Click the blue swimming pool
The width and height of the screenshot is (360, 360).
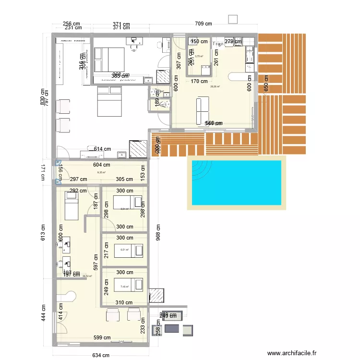[x=236, y=182]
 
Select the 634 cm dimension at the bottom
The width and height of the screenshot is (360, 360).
[x=101, y=355]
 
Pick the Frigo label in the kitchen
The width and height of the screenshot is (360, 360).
[x=217, y=43]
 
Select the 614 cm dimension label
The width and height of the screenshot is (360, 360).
[x=102, y=149]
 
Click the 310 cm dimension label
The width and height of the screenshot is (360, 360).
[x=124, y=302]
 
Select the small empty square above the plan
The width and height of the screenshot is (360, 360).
[x=233, y=19]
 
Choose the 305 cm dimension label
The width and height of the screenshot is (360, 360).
[x=124, y=179]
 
